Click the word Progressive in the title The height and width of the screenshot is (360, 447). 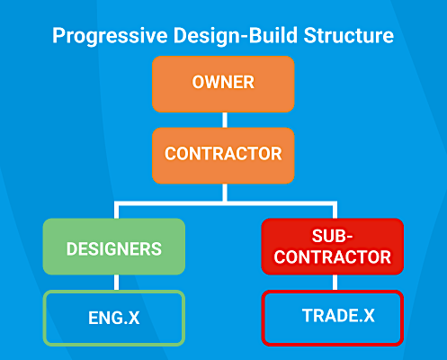click(x=110, y=36)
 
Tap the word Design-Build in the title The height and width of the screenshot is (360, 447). click(x=236, y=35)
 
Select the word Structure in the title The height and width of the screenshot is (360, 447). click(x=348, y=35)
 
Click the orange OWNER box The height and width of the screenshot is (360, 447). click(x=223, y=84)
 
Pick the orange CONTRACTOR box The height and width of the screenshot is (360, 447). click(x=223, y=156)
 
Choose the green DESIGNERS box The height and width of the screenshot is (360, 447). click(x=114, y=247)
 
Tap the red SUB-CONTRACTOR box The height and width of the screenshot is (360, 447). click(x=333, y=247)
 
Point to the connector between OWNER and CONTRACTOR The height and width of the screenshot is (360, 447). click(x=225, y=120)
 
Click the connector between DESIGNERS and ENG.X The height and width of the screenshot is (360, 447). click(x=117, y=283)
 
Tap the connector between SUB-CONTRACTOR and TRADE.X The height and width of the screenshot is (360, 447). click(x=335, y=283)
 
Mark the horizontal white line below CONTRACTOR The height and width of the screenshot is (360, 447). click(x=226, y=203)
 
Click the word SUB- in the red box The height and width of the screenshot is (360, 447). click(x=332, y=236)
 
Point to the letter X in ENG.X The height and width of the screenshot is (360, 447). click(x=134, y=318)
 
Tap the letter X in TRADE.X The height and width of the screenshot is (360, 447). click(x=369, y=316)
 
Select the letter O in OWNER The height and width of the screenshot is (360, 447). click(x=199, y=82)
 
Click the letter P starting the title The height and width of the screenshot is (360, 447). click(x=58, y=35)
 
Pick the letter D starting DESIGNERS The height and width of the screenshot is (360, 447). click(x=72, y=249)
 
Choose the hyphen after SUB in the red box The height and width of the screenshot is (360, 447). click(x=349, y=238)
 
